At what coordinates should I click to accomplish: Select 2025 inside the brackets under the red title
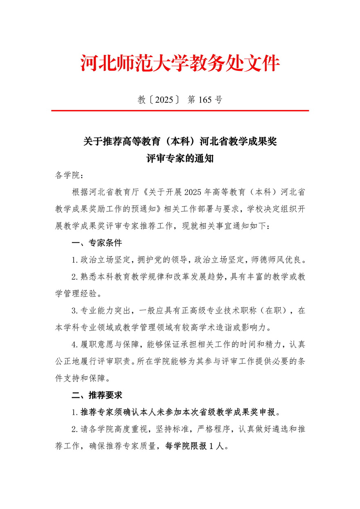tap(164, 99)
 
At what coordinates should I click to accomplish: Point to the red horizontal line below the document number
tap(180, 110)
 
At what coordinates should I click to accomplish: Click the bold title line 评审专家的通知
tap(180, 158)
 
